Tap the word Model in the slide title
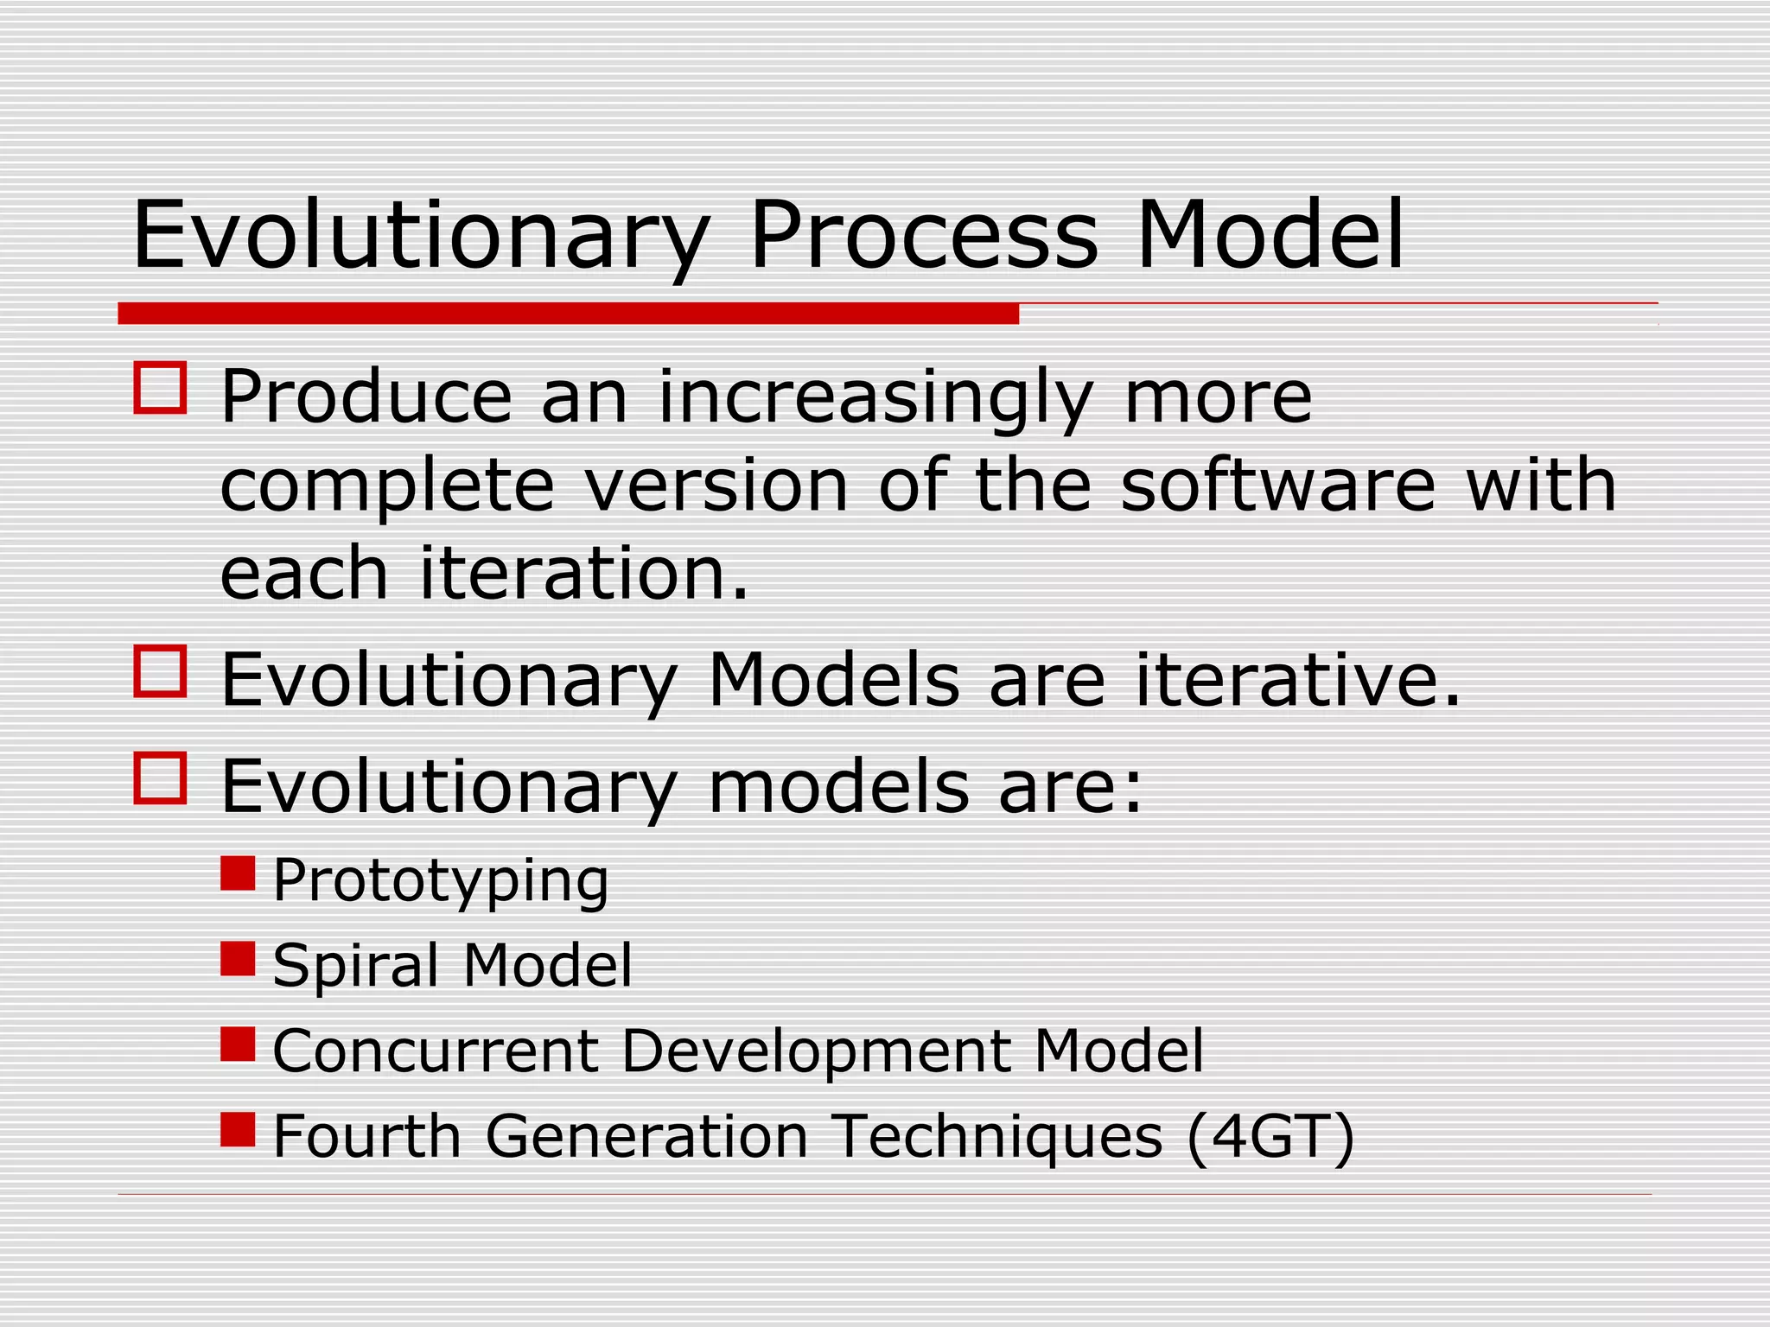(x=1270, y=235)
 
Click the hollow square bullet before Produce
(x=161, y=388)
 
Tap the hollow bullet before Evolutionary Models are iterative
(x=161, y=671)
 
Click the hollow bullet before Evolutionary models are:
(x=161, y=778)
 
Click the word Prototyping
(x=441, y=881)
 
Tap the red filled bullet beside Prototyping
(x=238, y=873)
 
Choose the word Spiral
(x=355, y=966)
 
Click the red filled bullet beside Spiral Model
(x=238, y=958)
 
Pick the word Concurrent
(x=436, y=1051)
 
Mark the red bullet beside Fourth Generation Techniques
(x=238, y=1129)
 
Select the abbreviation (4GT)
(x=1270, y=1136)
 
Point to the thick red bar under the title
(x=568, y=314)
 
